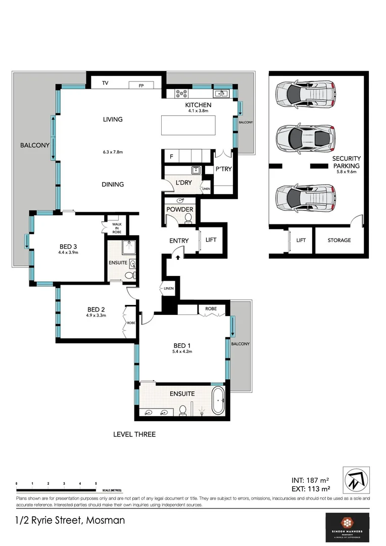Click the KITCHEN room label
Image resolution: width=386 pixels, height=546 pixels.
[198, 105]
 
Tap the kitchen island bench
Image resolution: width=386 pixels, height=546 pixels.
[188, 125]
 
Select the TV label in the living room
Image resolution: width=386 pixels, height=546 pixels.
[106, 83]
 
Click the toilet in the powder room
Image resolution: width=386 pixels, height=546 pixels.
[188, 218]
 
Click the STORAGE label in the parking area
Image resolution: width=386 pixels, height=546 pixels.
[339, 240]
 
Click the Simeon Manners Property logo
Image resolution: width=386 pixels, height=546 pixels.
[347, 527]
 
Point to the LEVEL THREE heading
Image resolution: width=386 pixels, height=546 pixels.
[134, 434]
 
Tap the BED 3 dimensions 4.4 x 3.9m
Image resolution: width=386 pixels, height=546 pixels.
[68, 253]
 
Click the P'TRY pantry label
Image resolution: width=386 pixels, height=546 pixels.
[223, 169]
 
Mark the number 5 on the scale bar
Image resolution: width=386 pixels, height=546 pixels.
[96, 484]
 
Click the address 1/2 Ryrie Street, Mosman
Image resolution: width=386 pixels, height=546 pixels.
[70, 520]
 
